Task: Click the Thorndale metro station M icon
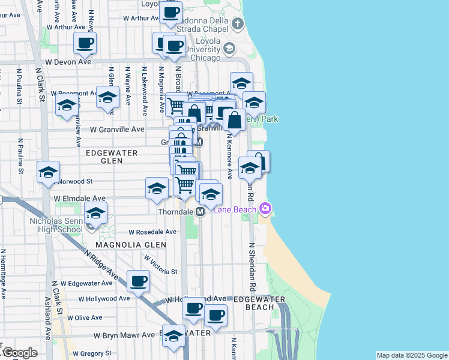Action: (200, 212)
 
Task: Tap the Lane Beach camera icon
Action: (265, 209)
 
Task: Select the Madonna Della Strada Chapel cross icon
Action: (238, 25)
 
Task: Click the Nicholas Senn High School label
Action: (56, 225)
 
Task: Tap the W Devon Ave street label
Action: (68, 61)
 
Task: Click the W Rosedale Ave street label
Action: (153, 232)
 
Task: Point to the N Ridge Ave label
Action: (101, 265)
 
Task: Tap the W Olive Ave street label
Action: (85, 317)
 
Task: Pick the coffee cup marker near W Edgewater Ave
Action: (139, 281)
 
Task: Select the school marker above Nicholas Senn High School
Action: (95, 213)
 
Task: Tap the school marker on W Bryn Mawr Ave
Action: (174, 337)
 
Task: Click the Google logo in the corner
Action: (19, 353)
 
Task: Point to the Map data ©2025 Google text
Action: (412, 355)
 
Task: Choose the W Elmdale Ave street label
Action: (80, 198)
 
